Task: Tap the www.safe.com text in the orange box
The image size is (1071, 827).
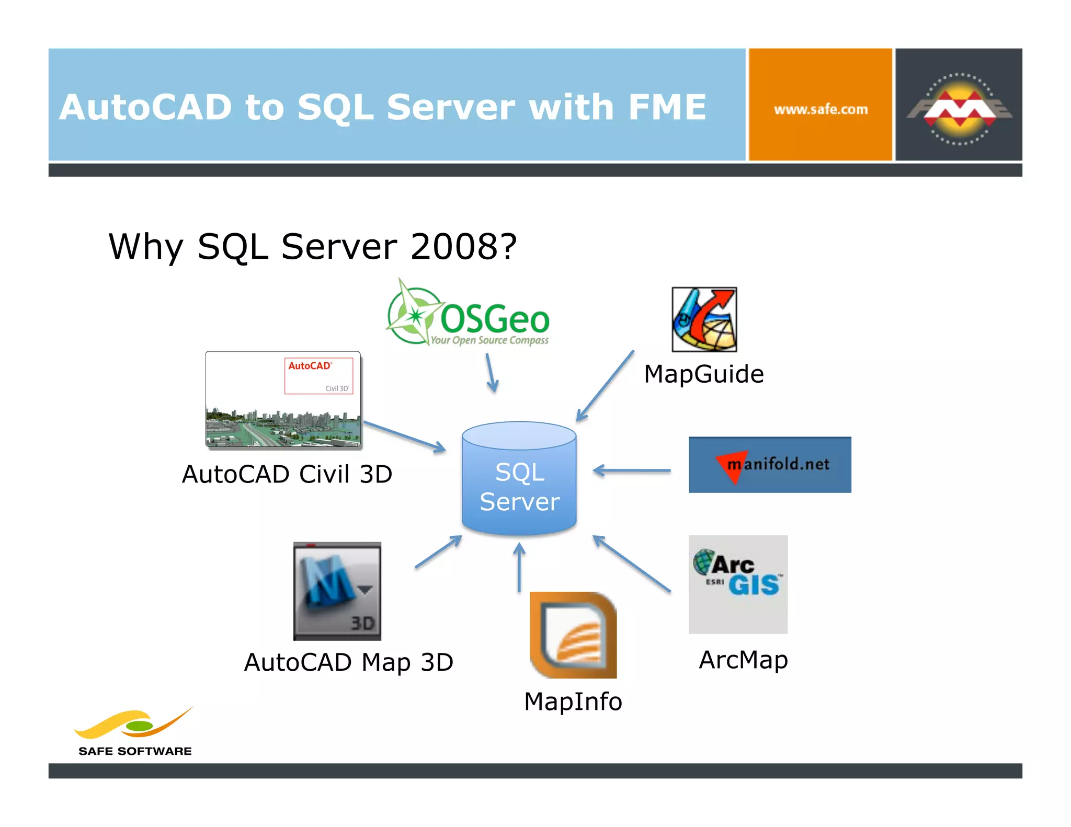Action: pos(820,110)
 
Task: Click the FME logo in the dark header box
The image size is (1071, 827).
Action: pos(959,109)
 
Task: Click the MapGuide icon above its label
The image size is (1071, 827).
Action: pos(704,319)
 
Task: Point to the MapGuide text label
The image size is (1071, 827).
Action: pos(703,374)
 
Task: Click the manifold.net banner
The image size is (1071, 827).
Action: pos(769,465)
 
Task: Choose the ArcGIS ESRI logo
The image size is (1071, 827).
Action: pos(737,584)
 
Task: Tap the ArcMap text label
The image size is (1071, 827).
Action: pos(743,660)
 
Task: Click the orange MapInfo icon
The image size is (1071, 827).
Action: pos(573,635)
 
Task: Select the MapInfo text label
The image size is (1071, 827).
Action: pos(573,702)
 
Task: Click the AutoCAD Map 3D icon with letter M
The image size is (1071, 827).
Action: pos(337,591)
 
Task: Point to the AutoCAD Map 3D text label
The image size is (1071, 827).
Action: pos(348,662)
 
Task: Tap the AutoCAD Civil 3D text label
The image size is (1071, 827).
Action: pos(287,475)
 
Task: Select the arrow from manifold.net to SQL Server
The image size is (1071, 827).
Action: pos(632,470)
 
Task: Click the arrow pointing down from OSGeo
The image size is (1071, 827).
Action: pos(491,373)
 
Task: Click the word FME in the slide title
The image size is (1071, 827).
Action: pos(667,107)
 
